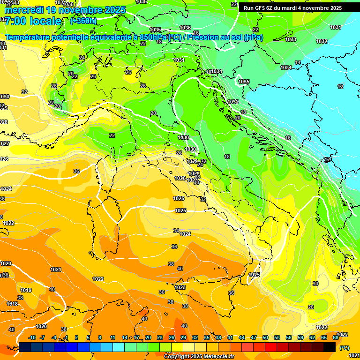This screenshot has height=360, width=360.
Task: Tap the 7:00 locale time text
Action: pos(32,21)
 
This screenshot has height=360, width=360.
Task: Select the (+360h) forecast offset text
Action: pos(83,21)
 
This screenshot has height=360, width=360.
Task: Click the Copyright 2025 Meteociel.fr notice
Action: pos(199,357)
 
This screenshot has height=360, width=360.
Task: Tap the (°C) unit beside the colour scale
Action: pos(344,348)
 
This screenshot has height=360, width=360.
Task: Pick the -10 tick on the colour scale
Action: pos(31,337)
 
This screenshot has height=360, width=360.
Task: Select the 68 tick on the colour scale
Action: pos(336,337)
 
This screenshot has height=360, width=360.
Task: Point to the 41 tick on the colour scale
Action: pos(230,337)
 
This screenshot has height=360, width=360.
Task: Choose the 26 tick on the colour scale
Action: pos(172,337)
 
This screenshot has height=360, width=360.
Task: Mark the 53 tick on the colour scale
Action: pos(277,337)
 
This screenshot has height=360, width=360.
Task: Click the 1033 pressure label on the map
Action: pos(291,39)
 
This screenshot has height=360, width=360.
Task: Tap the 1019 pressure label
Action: pos(26,290)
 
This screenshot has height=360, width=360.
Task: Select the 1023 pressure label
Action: pos(180,287)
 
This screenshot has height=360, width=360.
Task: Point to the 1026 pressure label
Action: pos(180,178)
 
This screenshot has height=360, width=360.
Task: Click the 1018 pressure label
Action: pos(12,304)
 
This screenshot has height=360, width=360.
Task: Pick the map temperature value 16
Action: pos(288,138)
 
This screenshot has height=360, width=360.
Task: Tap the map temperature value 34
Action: pos(176,231)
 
